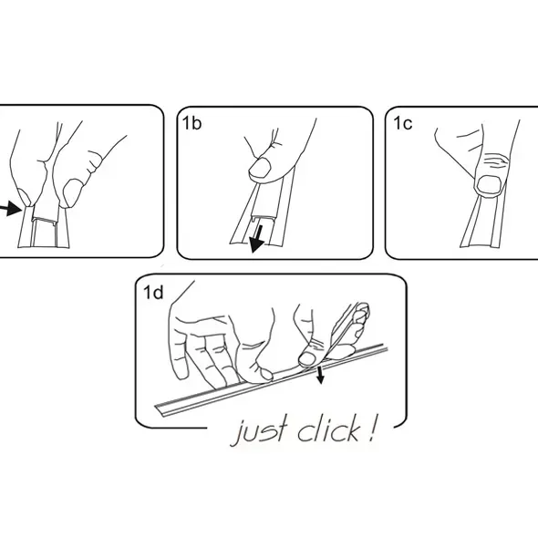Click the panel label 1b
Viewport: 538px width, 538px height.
191,123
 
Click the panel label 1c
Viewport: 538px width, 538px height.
402,123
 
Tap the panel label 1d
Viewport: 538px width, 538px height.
153,293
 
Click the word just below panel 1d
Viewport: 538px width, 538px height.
260,431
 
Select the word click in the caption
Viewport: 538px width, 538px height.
328,429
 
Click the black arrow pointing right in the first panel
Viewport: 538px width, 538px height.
10,209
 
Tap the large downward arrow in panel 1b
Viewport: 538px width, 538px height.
258,239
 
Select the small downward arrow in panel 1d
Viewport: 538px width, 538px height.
320,375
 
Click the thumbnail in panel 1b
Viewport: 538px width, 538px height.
260,168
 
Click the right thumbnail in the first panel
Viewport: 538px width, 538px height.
73,192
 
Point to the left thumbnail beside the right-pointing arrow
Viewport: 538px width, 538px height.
25,197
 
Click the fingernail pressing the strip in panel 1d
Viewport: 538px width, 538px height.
307,358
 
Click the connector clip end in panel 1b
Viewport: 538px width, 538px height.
262,217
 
